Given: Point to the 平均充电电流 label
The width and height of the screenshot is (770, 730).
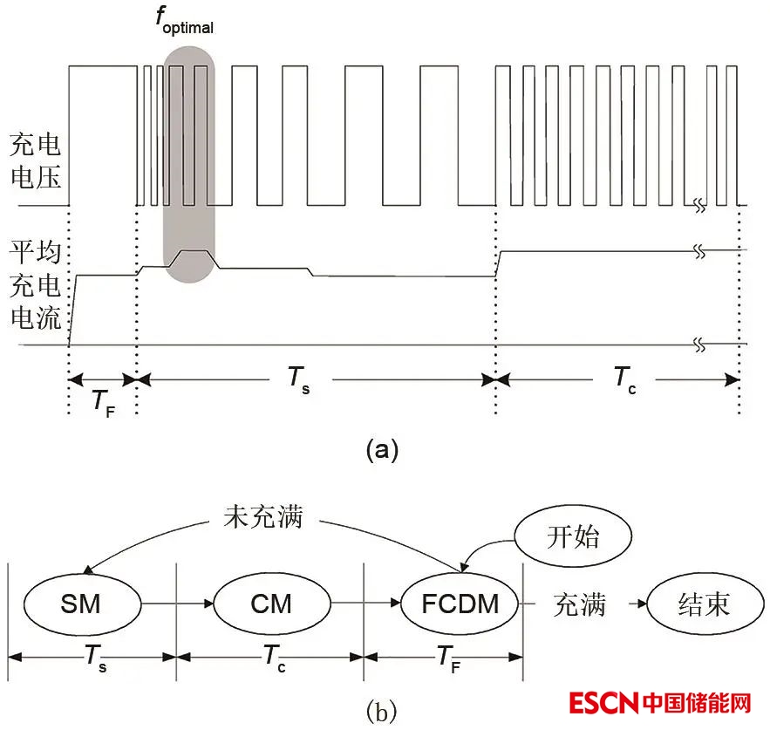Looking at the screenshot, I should point(35,285).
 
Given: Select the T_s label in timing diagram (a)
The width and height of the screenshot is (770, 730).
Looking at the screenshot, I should point(299,379).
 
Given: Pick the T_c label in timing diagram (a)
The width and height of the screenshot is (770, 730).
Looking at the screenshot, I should point(623,379).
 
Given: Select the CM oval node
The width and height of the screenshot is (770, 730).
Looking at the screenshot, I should point(271,603).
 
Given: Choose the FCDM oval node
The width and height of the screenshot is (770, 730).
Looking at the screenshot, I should point(460,603).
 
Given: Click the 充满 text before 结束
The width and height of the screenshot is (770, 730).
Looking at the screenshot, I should point(579,604).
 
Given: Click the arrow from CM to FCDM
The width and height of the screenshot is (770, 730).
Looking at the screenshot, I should point(365,603).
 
